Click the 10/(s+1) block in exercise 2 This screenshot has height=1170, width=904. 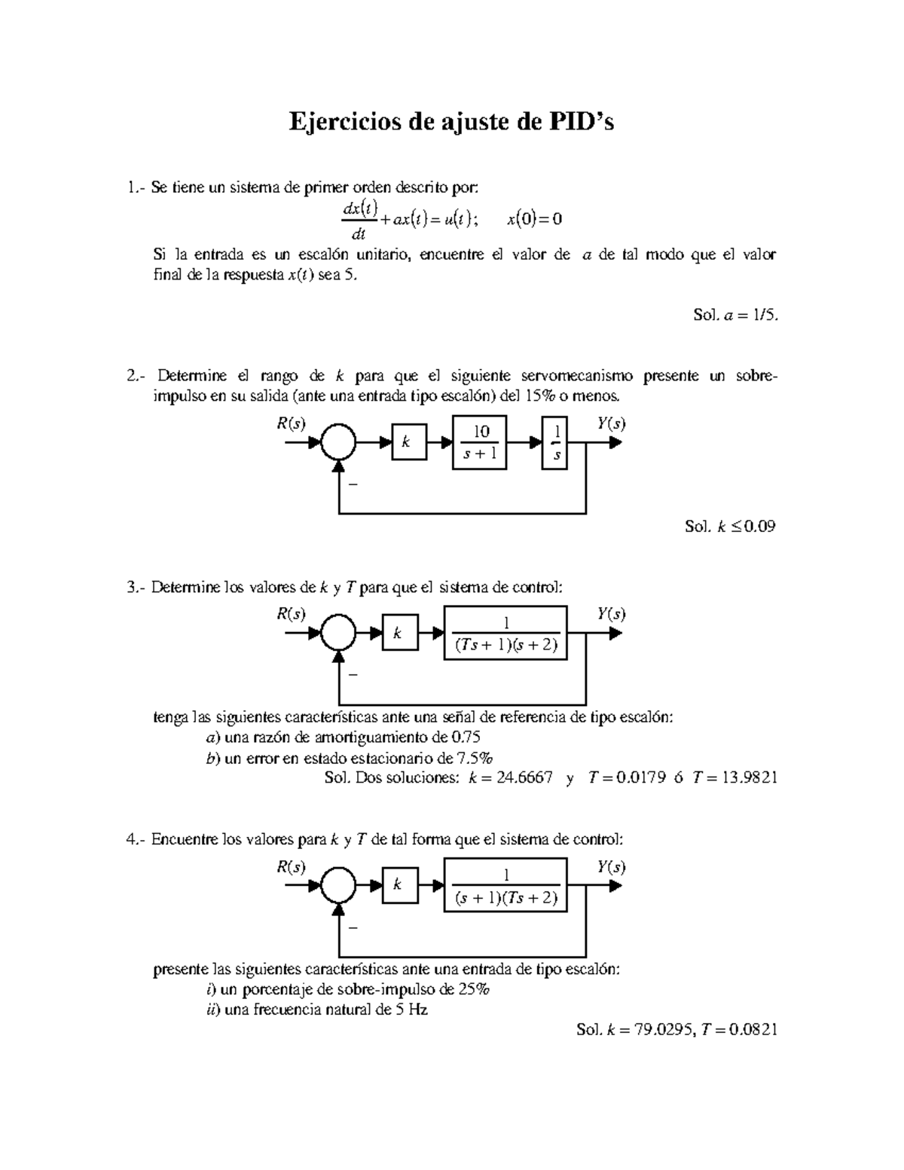tap(479, 441)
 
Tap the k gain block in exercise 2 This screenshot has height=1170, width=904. tap(408, 442)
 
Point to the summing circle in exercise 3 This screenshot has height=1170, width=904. tap(339, 634)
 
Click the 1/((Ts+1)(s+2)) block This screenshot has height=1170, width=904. tap(505, 634)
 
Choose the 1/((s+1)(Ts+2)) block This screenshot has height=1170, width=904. tap(505, 887)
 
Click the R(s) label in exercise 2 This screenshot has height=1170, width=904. tap(291, 423)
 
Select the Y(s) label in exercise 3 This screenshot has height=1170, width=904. tap(611, 614)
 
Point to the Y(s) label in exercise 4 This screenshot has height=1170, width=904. tap(611, 867)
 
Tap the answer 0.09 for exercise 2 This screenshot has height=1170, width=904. tap(759, 527)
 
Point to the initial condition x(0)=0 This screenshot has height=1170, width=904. tap(534, 219)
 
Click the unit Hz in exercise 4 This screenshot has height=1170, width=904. tap(418, 1010)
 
